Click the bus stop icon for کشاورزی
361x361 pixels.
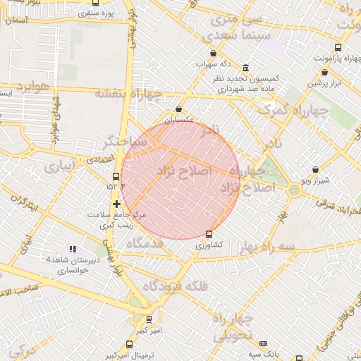click(x=209, y=234)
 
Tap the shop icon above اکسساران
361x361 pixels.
click(x=178, y=110)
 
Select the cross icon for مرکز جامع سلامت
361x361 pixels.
click(x=116, y=204)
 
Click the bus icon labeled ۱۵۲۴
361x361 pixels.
click(x=116, y=177)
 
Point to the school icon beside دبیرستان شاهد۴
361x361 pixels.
click(x=71, y=249)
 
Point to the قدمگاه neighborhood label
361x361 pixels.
click(x=145, y=243)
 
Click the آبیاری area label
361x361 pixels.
click(x=58, y=168)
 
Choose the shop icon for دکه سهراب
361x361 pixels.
click(x=213, y=54)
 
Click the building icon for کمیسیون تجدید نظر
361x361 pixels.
click(x=245, y=68)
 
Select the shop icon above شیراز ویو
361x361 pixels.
click(x=314, y=169)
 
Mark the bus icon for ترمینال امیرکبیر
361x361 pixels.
click(x=128, y=344)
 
